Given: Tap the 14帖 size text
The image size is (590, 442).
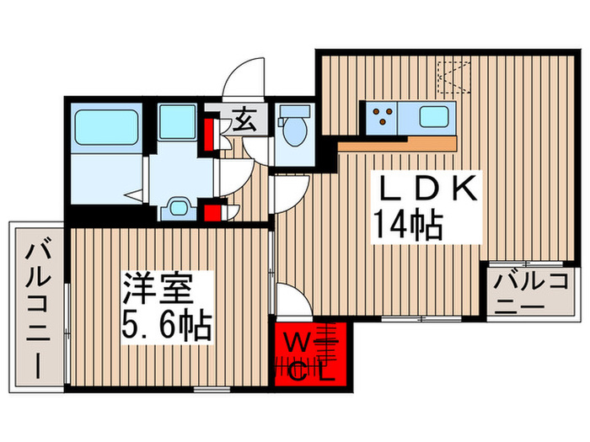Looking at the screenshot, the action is [x=408, y=226].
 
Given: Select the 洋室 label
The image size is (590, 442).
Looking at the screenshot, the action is [x=158, y=288].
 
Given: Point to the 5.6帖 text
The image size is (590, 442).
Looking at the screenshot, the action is [x=166, y=325].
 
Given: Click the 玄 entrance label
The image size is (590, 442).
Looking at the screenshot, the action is [x=244, y=120].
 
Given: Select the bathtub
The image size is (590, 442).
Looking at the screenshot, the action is [x=106, y=126].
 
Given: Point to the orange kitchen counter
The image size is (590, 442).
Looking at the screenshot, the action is [x=397, y=144].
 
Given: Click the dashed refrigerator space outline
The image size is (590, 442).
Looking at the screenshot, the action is [x=454, y=77].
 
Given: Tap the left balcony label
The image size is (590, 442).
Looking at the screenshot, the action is [x=38, y=308].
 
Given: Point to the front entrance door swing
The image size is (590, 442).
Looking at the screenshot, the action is [x=244, y=77].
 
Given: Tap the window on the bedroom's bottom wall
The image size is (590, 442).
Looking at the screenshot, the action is [x=212, y=389].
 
